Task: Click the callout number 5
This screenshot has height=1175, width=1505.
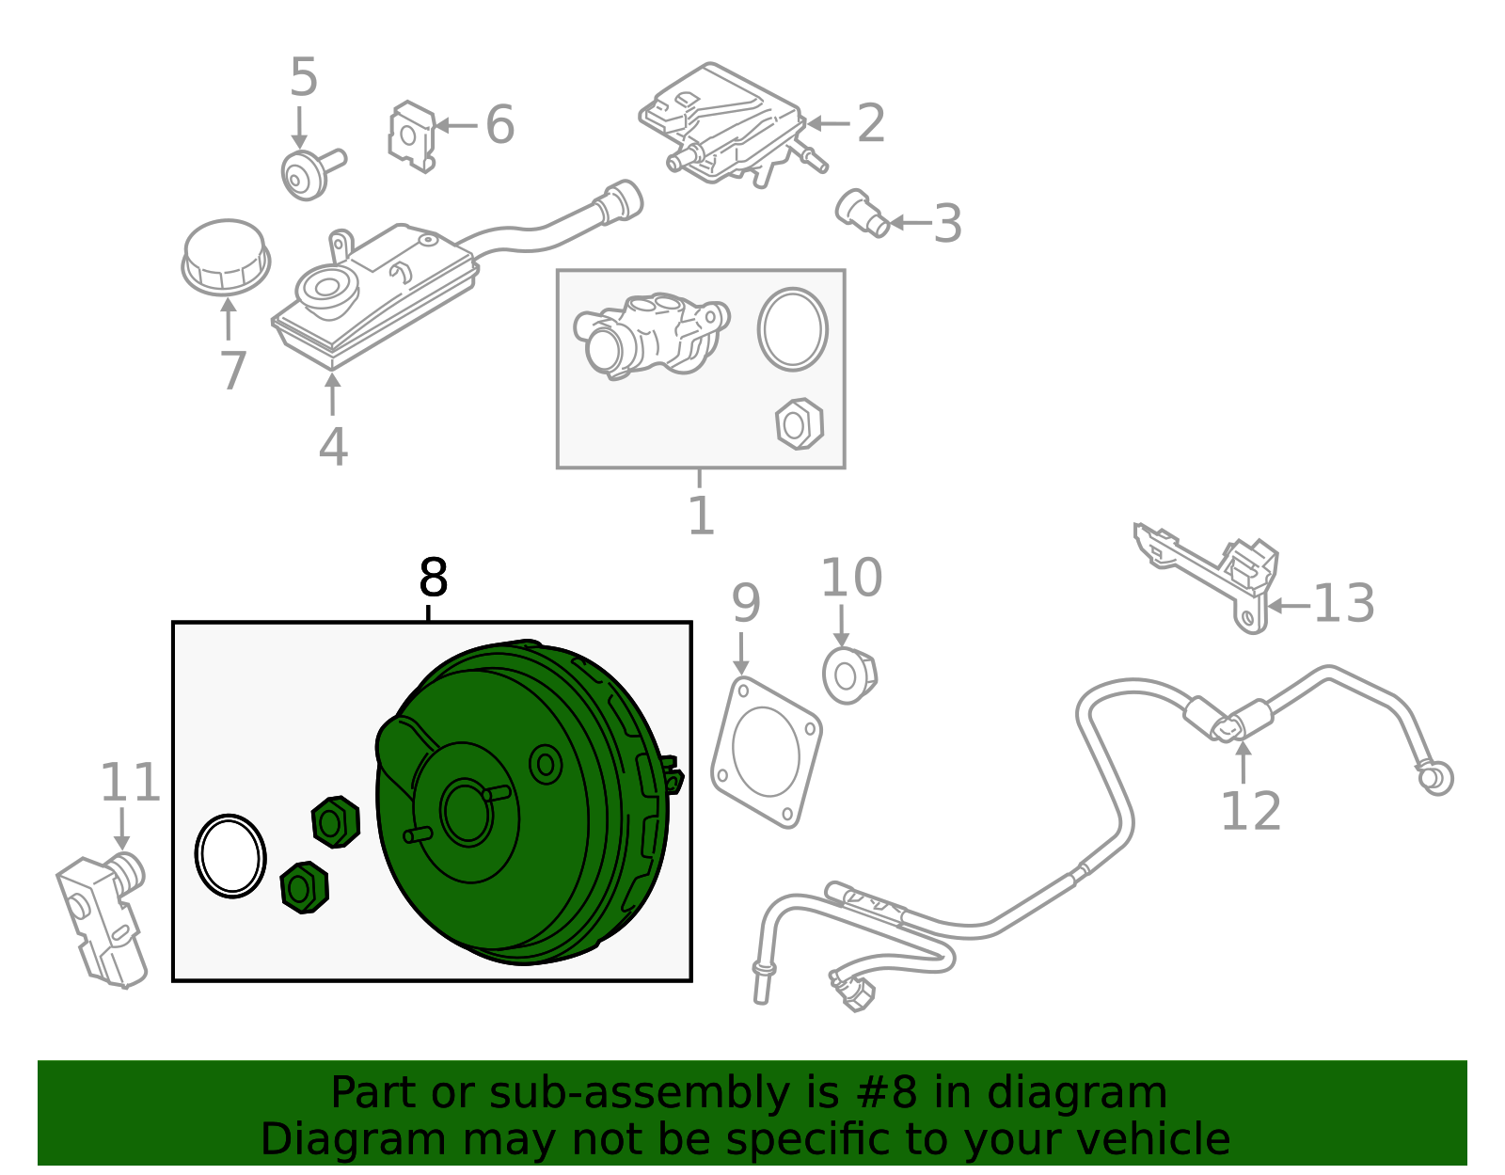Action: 303,77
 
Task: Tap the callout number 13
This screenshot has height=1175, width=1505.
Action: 1343,604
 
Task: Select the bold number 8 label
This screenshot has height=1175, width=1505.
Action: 433,578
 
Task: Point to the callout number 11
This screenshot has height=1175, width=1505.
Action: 130,783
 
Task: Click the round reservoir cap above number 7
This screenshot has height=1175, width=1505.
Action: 226,257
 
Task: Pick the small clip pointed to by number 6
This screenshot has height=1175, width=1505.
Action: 412,137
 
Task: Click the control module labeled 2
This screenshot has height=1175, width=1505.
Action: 724,122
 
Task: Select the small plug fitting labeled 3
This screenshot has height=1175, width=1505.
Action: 862,214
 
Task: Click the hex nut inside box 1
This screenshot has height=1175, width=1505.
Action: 800,424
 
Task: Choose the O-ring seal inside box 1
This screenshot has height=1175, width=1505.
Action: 793,329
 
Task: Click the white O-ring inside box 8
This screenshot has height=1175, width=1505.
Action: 230,855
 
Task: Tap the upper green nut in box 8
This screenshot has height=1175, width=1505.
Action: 335,822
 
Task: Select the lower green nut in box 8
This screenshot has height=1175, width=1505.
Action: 304,887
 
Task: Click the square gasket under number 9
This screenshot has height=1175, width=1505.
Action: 766,754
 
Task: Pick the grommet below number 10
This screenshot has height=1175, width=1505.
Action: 849,675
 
